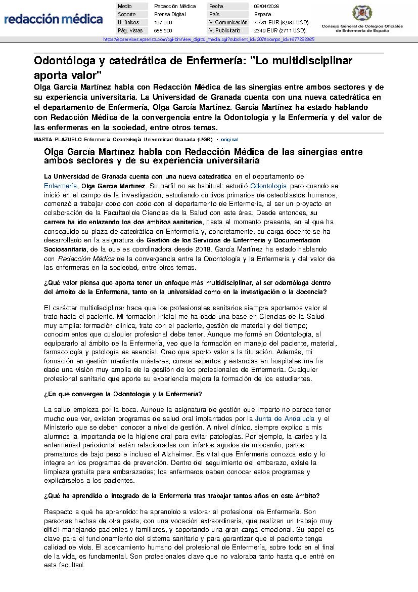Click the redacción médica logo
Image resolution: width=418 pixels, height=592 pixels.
click(x=53, y=19)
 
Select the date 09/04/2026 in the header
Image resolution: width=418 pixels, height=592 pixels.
click(x=266, y=6)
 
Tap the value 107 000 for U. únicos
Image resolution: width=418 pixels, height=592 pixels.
click(x=163, y=22)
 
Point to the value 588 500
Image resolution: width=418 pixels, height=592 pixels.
click(x=163, y=30)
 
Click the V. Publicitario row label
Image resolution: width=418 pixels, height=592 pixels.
click(x=224, y=30)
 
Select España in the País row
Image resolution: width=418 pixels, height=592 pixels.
click(x=262, y=14)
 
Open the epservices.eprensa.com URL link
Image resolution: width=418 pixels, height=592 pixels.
click(x=209, y=39)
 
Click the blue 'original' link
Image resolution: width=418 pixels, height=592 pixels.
click(x=229, y=139)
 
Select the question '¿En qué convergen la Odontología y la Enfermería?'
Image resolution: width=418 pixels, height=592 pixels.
click(x=123, y=394)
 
